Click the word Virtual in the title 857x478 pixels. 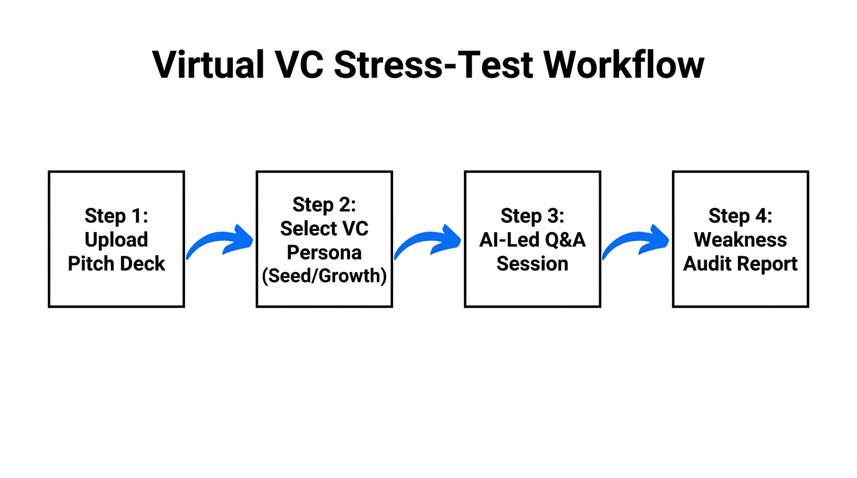click(209, 64)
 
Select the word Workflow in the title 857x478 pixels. click(623, 64)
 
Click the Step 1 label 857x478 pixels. click(116, 216)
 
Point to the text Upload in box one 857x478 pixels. click(116, 240)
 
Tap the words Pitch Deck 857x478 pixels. click(116, 263)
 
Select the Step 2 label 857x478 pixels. click(324, 204)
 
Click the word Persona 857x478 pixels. click(324, 252)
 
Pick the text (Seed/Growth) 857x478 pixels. click(324, 276)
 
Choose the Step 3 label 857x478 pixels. click(532, 216)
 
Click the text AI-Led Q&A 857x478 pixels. click(532, 240)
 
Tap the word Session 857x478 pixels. click(532, 263)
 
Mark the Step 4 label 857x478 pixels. click(740, 216)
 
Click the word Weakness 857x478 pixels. click(740, 240)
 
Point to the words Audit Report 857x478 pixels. click(740, 263)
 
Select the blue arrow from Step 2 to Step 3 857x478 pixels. click(428, 243)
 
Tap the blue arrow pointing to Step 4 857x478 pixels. click(636, 243)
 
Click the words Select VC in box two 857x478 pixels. click(324, 228)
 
